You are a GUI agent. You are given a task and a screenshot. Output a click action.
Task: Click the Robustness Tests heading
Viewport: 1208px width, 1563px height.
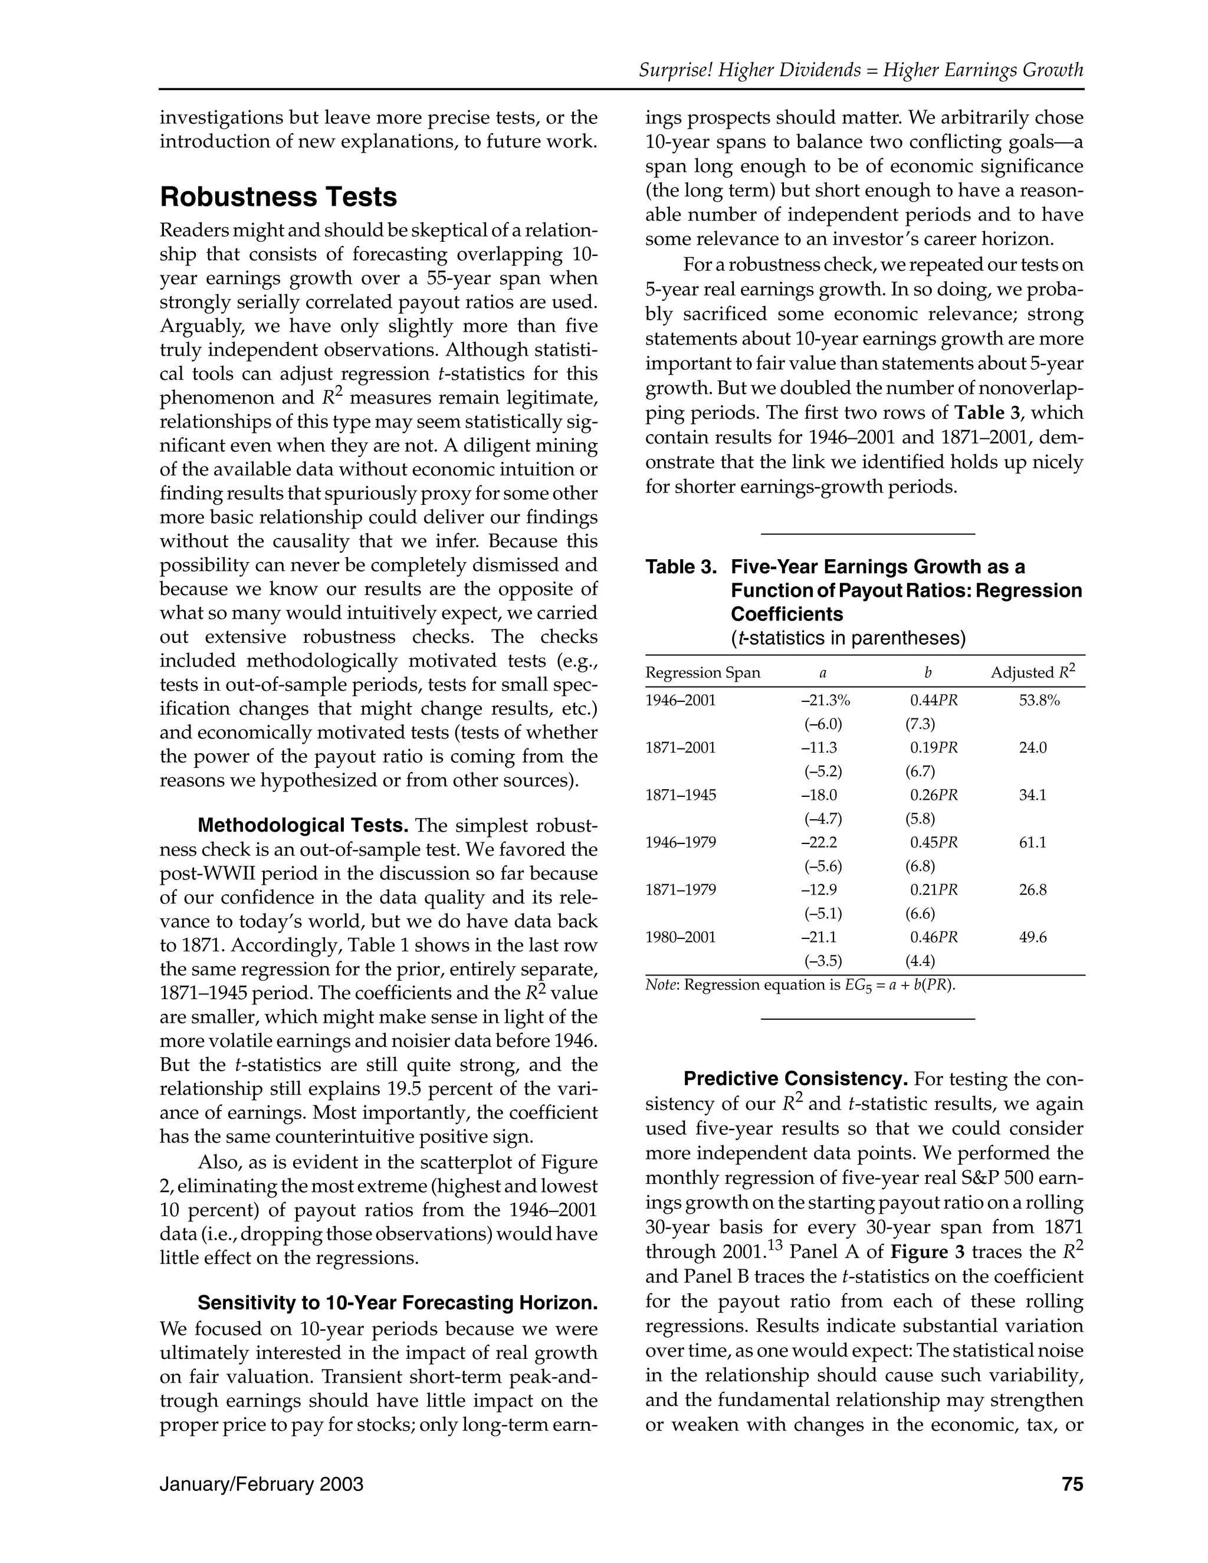point(278,197)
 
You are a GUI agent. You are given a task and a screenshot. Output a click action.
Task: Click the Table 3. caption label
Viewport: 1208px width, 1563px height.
point(681,567)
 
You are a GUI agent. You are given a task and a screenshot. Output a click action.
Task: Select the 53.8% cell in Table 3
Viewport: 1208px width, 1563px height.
point(1038,701)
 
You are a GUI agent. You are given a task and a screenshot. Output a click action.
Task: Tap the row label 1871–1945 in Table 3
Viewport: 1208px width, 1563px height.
point(680,795)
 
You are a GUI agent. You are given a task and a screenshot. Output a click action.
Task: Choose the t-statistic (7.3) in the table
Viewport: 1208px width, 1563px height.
point(920,724)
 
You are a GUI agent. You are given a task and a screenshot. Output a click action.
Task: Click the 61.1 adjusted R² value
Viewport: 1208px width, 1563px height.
point(1032,842)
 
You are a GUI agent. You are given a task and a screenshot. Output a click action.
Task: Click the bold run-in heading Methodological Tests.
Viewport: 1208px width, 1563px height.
point(303,826)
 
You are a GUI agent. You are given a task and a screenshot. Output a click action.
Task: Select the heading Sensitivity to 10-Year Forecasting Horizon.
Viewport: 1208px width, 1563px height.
point(397,1302)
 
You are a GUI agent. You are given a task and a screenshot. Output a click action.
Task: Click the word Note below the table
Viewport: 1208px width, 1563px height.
point(662,986)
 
